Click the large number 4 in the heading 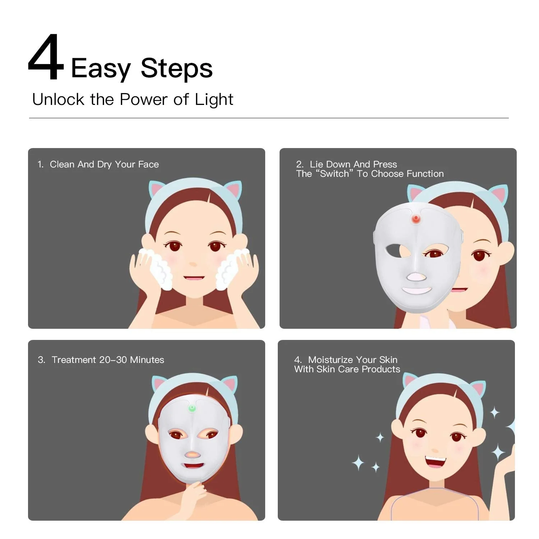pos(46,57)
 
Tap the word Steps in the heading pos(177,68)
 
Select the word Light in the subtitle pos(214,100)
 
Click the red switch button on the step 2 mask pos(416,218)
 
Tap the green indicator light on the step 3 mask pos(192,408)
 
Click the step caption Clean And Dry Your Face pos(104,165)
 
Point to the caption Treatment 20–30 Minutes pos(108,360)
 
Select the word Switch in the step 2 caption pos(335,174)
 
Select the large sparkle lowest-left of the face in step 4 pos(358,463)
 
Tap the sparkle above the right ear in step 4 pos(495,413)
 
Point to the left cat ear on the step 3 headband pos(158,384)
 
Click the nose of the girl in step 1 pos(193,264)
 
